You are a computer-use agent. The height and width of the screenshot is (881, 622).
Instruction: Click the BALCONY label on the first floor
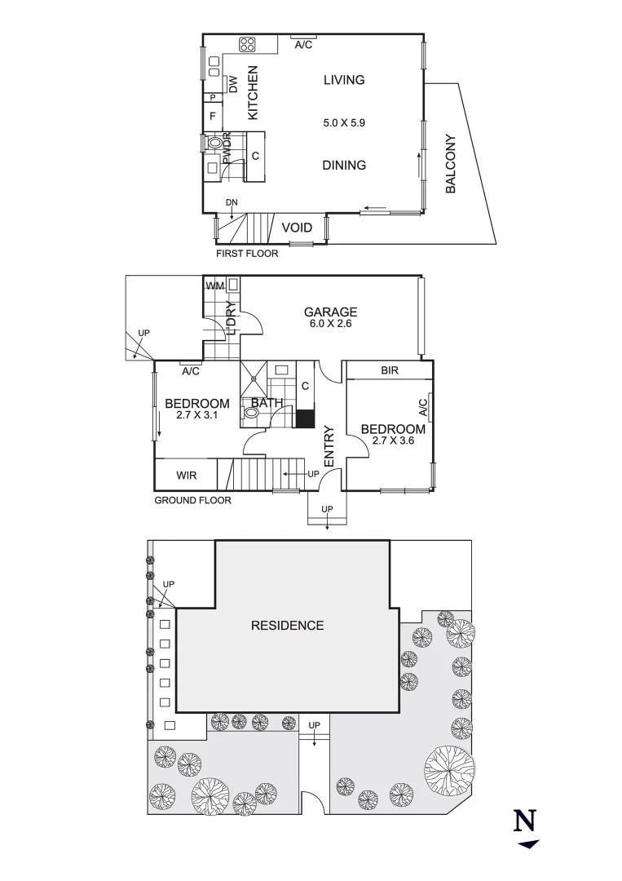[x=451, y=164]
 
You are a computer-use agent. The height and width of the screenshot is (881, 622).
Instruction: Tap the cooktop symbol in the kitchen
[x=248, y=45]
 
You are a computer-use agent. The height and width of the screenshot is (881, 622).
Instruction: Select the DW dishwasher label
[x=232, y=83]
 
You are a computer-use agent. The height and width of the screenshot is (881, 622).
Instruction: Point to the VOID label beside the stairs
[x=297, y=228]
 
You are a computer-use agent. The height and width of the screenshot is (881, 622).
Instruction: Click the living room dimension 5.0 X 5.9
[x=344, y=123]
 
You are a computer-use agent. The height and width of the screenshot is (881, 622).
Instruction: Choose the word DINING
[x=343, y=165]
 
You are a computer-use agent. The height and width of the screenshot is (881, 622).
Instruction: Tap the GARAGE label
[x=330, y=312]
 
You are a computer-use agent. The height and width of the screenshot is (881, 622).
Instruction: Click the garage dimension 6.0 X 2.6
[x=330, y=324]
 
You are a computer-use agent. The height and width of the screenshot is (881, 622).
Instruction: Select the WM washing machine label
[x=215, y=286]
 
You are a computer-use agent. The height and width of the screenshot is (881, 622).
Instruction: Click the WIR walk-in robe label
[x=186, y=475]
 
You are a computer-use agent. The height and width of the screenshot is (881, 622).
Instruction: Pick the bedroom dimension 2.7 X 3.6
[x=393, y=441]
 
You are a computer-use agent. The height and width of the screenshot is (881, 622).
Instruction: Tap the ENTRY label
[x=329, y=446]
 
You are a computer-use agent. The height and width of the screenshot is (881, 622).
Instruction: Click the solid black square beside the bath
[x=305, y=418]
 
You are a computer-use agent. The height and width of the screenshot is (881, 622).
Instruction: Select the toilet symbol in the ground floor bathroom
[x=251, y=414]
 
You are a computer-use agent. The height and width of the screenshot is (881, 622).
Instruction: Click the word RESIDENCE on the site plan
[x=287, y=626]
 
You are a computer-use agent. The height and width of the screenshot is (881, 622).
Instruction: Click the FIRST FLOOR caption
[x=246, y=254]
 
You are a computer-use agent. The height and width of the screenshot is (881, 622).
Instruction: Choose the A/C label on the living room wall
[x=303, y=45]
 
